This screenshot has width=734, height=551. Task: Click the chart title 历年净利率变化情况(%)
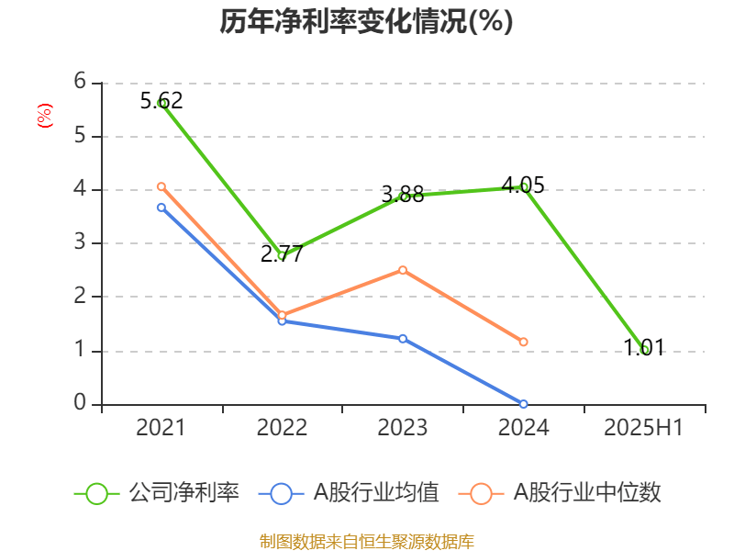[366, 22]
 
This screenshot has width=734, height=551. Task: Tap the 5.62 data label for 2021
[161, 100]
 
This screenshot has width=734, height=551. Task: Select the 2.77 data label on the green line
[282, 253]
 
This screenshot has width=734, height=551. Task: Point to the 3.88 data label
[403, 194]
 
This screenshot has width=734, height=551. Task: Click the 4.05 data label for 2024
[523, 186]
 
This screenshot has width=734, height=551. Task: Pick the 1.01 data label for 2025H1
[643, 348]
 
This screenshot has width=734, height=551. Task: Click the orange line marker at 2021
[161, 186]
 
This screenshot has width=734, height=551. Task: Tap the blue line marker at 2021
[161, 208]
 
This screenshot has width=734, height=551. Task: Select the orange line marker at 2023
[403, 270]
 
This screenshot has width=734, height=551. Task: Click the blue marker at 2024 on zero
[523, 404]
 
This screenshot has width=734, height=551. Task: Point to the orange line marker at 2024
[523, 342]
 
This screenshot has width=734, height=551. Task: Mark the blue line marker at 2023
[403, 338]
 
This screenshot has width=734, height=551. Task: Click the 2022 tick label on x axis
[282, 428]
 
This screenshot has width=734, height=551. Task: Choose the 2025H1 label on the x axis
[643, 428]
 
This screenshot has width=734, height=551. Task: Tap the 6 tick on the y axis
[81, 82]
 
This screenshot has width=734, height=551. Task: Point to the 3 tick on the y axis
[81, 243]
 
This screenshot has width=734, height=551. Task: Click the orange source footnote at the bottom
[366, 541]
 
